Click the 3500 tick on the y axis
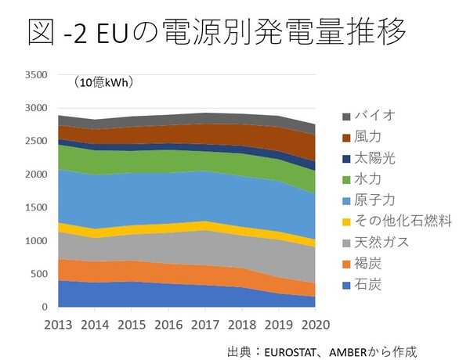pyautogui.click(x=36, y=75)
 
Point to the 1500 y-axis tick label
pyautogui.click(x=36, y=207)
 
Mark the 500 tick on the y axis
pyautogui.click(x=39, y=274)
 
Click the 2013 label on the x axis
pyautogui.click(x=60, y=323)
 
